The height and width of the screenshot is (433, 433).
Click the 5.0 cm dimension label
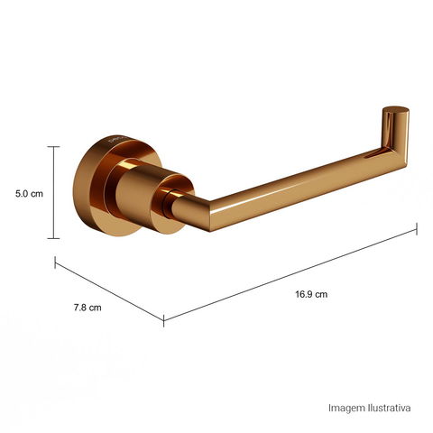[x=29, y=194]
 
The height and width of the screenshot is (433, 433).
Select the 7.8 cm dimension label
[x=88, y=308]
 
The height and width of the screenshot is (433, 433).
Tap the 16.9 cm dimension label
[x=311, y=294]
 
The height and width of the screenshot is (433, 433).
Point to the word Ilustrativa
[x=389, y=408]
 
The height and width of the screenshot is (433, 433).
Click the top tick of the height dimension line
[x=54, y=146]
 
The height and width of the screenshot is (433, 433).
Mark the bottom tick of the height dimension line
[x=54, y=238]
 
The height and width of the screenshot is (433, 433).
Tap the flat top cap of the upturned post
[x=396, y=110]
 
